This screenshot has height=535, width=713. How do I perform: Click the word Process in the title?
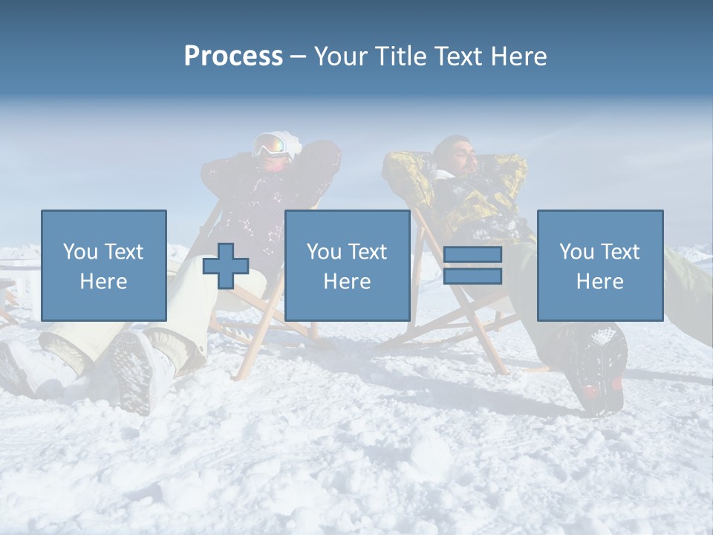click(x=233, y=56)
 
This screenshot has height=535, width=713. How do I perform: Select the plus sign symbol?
click(x=226, y=265)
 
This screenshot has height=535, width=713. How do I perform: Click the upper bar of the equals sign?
click(x=472, y=255)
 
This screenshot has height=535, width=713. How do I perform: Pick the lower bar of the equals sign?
click(x=472, y=276)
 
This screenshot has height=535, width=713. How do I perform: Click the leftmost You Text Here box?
click(x=104, y=265)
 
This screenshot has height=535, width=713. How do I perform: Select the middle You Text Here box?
click(x=347, y=265)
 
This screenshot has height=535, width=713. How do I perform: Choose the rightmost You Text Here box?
click(x=600, y=265)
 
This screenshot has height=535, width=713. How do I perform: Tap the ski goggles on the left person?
click(x=272, y=144)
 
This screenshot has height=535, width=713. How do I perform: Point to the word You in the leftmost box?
click(x=80, y=252)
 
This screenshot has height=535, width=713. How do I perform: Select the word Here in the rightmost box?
click(x=600, y=282)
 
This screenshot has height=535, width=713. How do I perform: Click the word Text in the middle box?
click(x=368, y=252)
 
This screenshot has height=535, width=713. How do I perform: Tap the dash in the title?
click(x=299, y=56)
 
